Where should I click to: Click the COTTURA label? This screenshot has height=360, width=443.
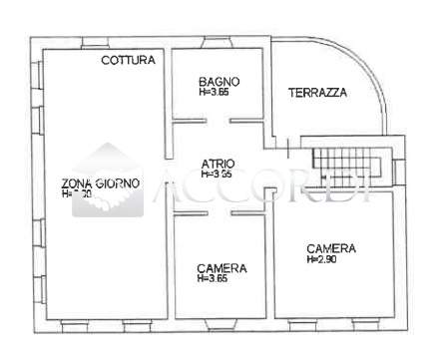point(128,61)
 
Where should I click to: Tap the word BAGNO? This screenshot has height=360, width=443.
point(219,82)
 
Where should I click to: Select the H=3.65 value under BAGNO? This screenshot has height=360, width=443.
point(215,93)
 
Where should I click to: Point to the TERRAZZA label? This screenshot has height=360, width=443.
point(317,93)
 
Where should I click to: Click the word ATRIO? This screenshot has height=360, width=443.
point(218,164)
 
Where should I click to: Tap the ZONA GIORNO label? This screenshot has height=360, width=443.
point(101,183)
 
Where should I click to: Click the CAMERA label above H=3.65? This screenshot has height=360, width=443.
point(221,268)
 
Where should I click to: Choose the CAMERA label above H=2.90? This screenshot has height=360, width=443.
point(331,248)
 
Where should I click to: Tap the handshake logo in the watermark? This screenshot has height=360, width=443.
point(108,183)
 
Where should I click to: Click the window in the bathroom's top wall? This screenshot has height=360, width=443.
point(219,42)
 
